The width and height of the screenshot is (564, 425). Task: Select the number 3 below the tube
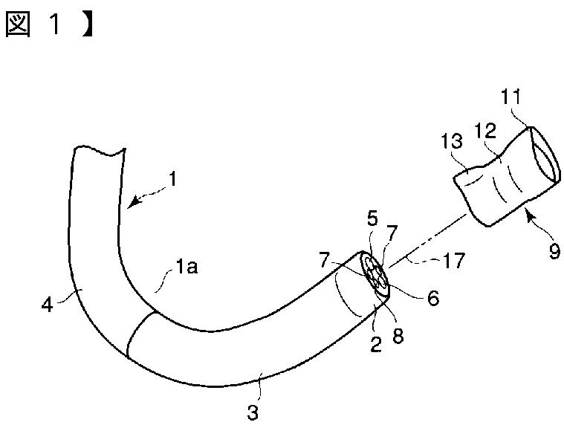tap(253, 411)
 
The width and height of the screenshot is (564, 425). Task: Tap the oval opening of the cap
tap(544, 155)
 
